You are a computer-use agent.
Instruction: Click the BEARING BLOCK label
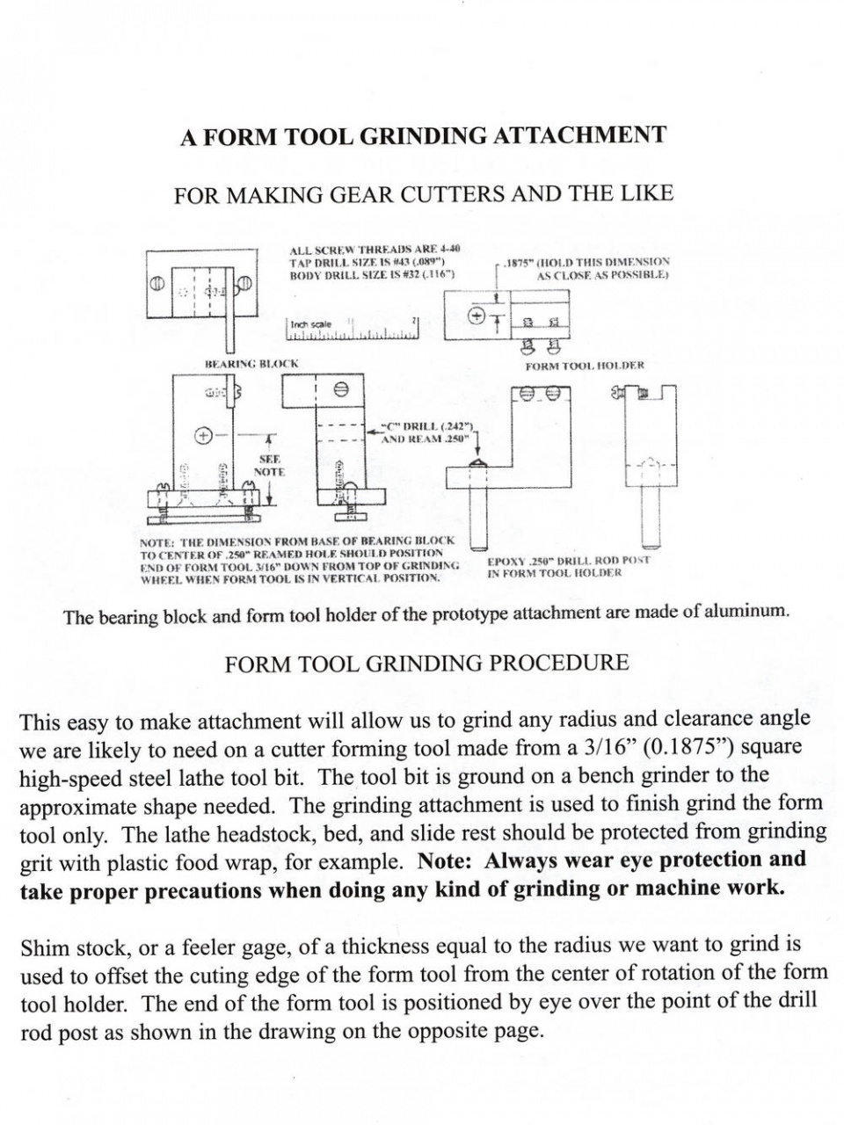(251, 362)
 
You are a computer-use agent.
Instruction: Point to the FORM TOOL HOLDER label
(585, 365)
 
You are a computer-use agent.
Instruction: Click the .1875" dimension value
(517, 261)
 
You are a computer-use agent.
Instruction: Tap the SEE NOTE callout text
(269, 466)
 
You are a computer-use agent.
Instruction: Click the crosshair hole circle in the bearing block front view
(204, 435)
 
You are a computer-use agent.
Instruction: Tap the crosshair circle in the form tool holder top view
(478, 315)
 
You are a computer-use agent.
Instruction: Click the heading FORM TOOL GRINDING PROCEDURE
(426, 663)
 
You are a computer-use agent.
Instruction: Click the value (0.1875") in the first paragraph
(691, 747)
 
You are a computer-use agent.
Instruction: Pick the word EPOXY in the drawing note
(506, 560)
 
